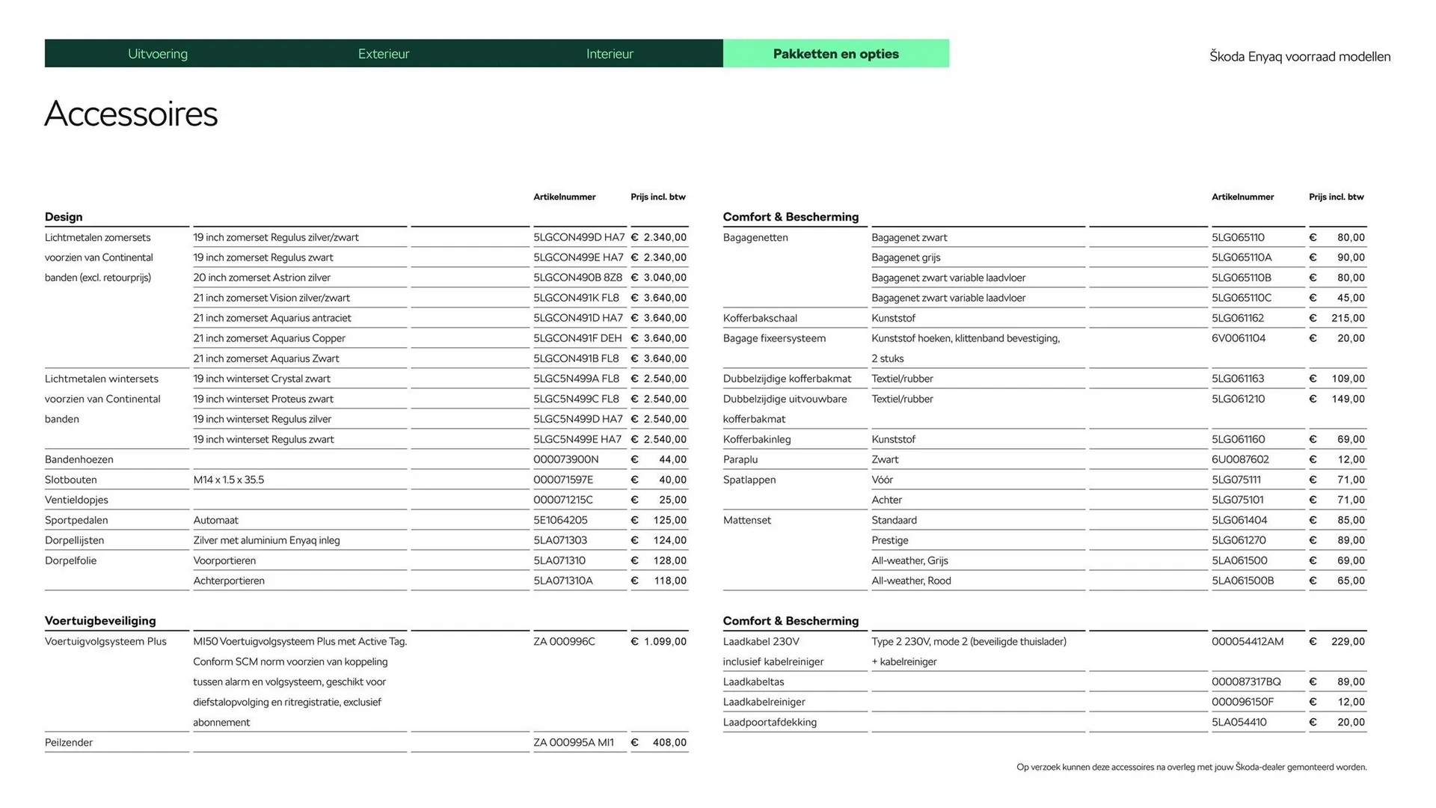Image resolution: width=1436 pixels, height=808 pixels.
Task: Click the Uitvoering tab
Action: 158,54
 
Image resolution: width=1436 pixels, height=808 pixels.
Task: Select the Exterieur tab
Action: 384,54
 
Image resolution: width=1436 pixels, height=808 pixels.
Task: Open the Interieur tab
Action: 610,54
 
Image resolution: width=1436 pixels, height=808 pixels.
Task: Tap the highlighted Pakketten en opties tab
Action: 835,54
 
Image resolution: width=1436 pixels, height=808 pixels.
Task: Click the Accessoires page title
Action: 131,114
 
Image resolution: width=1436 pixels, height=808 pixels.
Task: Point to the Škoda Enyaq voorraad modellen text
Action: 1300,57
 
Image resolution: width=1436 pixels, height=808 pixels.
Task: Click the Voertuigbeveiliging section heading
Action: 100,621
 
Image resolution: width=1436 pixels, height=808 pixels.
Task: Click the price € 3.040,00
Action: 659,278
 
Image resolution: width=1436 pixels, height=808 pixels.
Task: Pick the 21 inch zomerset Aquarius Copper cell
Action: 269,338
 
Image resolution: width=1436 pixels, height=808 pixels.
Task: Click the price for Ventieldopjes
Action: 659,500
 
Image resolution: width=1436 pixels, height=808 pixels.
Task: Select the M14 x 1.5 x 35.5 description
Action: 229,480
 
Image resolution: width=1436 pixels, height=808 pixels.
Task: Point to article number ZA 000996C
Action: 564,641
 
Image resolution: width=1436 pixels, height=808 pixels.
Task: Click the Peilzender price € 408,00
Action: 659,742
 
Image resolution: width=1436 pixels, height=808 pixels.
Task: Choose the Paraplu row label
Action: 740,459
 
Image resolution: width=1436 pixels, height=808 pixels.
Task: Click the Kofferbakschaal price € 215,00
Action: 1338,318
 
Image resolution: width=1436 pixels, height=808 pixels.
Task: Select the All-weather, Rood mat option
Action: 911,581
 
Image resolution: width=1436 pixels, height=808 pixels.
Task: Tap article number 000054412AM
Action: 1248,641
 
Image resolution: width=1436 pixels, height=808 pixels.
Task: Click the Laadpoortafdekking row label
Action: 770,722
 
